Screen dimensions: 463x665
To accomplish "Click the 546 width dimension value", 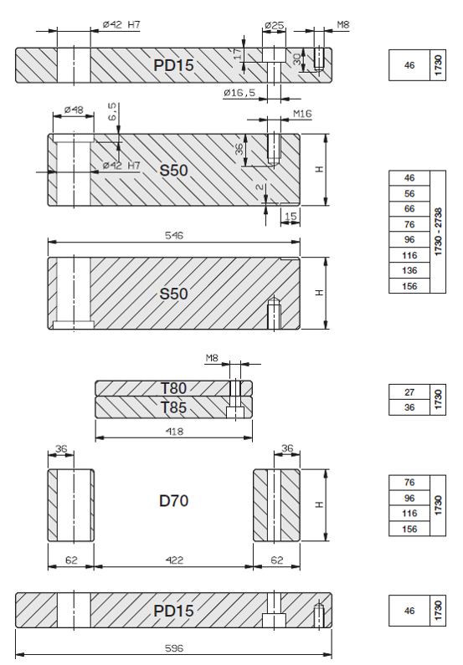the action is (x=174, y=235).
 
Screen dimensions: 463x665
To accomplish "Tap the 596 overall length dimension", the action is (x=174, y=648).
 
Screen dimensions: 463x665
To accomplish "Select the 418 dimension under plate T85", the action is (x=174, y=432).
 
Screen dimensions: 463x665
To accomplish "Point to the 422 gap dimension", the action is (x=174, y=560).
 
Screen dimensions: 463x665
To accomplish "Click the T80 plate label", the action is (x=173, y=388).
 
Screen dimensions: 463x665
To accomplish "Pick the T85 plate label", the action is (x=173, y=407).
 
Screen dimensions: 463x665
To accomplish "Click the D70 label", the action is (x=173, y=501).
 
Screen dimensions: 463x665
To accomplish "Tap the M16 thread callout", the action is (x=302, y=114).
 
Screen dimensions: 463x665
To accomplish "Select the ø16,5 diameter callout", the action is (x=239, y=93).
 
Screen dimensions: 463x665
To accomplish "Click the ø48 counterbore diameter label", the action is (x=74, y=110).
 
